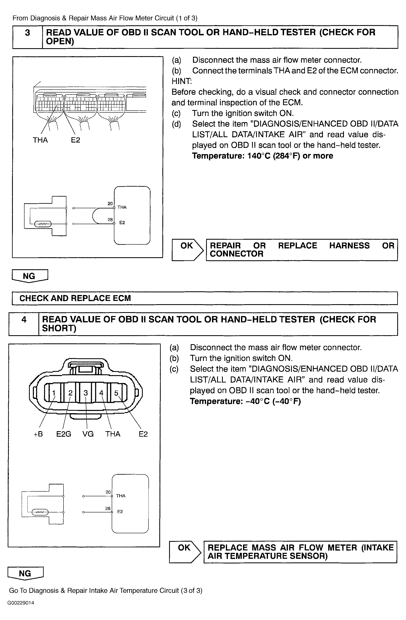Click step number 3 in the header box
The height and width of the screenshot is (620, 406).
tap(27, 33)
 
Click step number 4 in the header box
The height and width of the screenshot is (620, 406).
tap(24, 320)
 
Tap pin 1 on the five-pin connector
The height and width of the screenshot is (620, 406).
tap(54, 393)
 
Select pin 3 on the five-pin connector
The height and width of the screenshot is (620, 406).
tap(86, 393)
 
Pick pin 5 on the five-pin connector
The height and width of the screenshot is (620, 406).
tap(116, 393)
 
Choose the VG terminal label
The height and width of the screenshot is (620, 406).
tap(88, 434)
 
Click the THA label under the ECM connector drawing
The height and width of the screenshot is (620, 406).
tap(40, 140)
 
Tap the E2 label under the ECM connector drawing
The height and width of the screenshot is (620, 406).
tap(76, 140)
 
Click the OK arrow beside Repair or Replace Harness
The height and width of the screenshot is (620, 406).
tap(187, 250)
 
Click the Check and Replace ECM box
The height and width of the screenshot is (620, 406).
tap(205, 298)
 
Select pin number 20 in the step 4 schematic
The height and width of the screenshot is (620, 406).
tap(108, 492)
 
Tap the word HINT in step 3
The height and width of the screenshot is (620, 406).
tap(182, 81)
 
